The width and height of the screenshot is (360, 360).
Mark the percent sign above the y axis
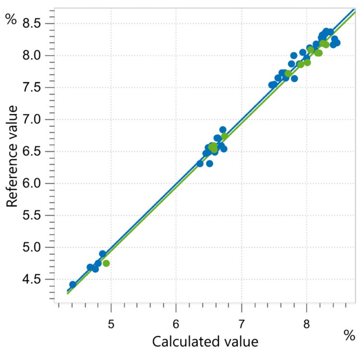pyautogui.click(x=11, y=20)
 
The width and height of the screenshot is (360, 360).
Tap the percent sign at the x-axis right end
pyautogui.click(x=349, y=336)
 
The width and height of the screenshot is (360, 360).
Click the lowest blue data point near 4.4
pyautogui.click(x=73, y=285)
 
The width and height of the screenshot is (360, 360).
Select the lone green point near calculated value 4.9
pyautogui.click(x=106, y=263)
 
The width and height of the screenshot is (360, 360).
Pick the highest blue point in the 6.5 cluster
pyautogui.click(x=223, y=130)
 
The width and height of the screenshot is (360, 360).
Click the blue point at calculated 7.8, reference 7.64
pyautogui.click(x=294, y=78)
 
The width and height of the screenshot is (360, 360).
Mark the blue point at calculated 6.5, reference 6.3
pyautogui.click(x=210, y=163)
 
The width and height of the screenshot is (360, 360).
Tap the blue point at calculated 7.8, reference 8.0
pyautogui.click(x=294, y=55)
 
